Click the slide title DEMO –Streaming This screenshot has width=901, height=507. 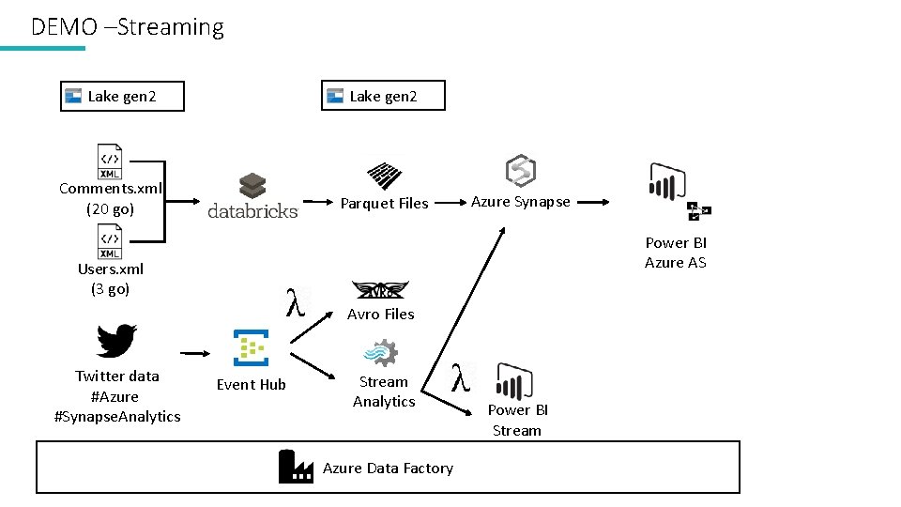(127, 27)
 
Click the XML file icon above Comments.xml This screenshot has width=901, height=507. (110, 161)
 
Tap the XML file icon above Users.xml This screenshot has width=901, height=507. (110, 241)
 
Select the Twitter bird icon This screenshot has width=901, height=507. (117, 340)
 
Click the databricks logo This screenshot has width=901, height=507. (252, 196)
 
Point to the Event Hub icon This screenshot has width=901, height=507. (251, 347)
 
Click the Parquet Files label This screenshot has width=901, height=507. (384, 203)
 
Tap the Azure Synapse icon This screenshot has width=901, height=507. (520, 172)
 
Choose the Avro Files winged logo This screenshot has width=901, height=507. (379, 290)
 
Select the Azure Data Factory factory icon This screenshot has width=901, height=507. (296, 467)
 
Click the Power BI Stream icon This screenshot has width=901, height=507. (513, 381)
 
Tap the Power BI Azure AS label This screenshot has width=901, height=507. (675, 253)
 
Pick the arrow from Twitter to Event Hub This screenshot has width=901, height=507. (195, 353)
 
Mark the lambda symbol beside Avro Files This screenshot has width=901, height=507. (297, 301)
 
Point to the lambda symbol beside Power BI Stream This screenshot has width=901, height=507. (460, 377)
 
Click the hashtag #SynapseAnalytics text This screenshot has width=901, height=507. (117, 416)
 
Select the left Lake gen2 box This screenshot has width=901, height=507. (122, 96)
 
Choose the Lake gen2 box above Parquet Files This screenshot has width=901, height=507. (383, 96)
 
